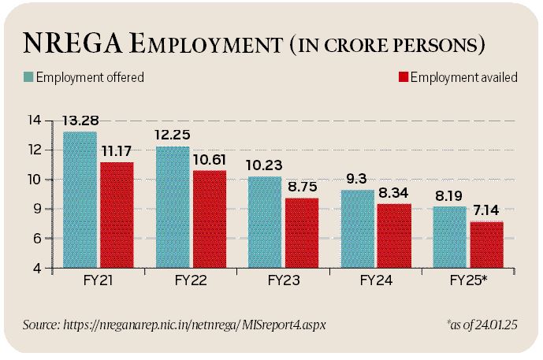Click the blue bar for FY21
click(80, 200)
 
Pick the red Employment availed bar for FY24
click(394, 236)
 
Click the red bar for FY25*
click(486, 245)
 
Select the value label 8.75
click(303, 187)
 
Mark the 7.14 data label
click(487, 211)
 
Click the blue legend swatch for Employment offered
click(28, 77)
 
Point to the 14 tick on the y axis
click(34, 121)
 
